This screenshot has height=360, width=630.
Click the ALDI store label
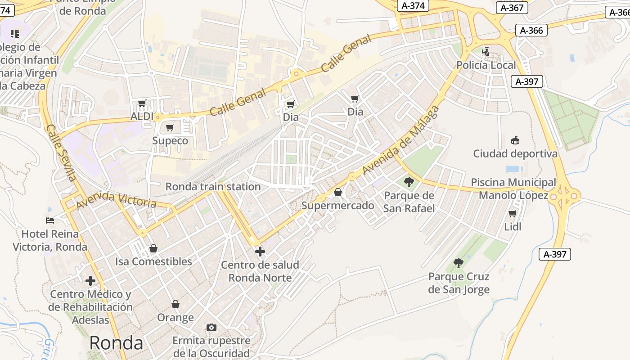tap(142, 117)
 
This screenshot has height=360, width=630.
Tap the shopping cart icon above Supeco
tap(170, 128)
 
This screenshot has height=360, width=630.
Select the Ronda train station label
tap(213, 186)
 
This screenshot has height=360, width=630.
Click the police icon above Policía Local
tap(486, 52)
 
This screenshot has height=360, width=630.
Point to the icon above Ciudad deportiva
tap(515, 140)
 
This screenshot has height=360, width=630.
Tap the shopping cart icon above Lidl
tap(512, 213)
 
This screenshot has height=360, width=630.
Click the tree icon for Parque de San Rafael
tap(409, 182)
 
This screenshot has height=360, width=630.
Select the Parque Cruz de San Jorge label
tap(459, 283)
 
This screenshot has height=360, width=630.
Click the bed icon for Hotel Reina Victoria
tap(50, 220)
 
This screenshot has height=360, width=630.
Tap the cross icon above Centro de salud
tap(260, 252)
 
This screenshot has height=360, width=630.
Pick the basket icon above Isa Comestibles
tap(153, 248)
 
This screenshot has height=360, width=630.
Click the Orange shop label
tap(175, 317)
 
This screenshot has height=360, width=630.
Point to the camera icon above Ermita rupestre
tap(211, 327)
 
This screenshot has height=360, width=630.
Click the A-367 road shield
tap(512, 8)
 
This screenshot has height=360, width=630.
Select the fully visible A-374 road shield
tap(413, 6)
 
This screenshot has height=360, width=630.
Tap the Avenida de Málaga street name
tap(400, 140)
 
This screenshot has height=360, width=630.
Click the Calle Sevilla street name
tap(61, 153)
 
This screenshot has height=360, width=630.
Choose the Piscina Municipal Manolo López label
tap(513, 189)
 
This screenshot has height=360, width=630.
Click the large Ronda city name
tap(116, 343)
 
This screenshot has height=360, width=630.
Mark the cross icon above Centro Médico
tap(90, 281)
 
